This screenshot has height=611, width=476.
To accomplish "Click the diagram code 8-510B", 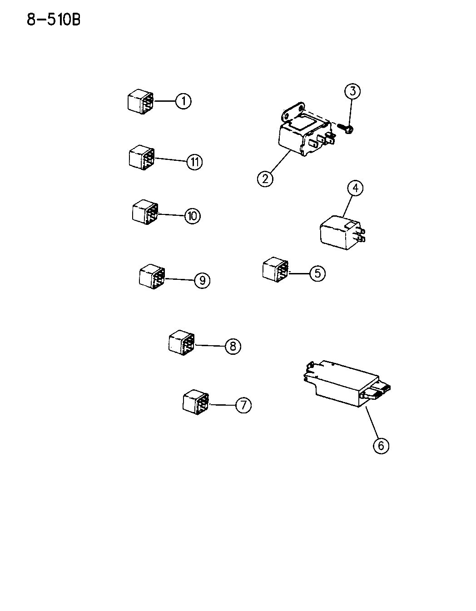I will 54,20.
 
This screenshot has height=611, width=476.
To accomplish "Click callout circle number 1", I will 183,101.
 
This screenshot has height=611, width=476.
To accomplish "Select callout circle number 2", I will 265,178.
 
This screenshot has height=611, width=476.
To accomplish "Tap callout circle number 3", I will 352,91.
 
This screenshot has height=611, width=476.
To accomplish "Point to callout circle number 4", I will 356,188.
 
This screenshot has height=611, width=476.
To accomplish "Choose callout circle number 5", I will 317,273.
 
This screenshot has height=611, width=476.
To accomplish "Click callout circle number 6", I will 381,446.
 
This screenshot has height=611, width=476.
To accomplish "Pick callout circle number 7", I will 243,404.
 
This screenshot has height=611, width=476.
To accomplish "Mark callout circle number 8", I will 232,347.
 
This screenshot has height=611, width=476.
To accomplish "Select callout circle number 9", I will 202,280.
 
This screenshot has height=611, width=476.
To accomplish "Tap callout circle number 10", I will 192,215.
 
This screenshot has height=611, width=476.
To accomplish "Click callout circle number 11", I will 194,162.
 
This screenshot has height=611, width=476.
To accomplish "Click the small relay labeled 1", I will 140,101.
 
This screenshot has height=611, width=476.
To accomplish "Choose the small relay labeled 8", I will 182,342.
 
